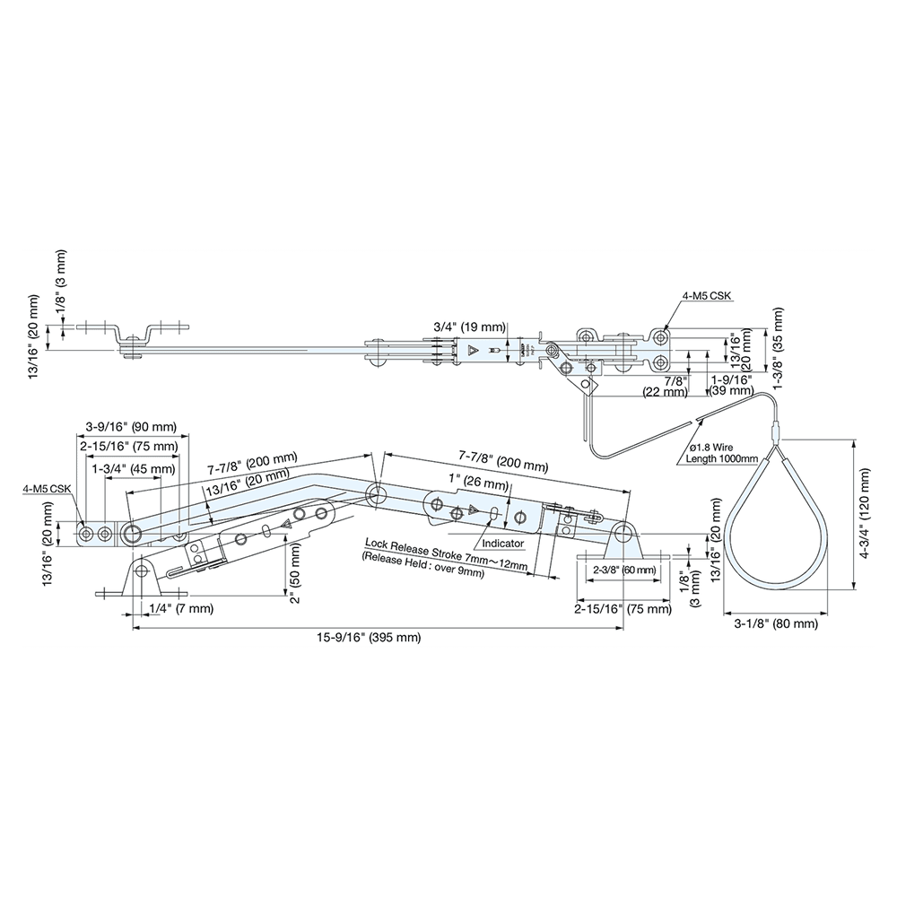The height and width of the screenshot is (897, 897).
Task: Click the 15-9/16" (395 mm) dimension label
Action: point(367,638)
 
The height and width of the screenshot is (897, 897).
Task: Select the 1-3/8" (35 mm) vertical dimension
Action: point(778,340)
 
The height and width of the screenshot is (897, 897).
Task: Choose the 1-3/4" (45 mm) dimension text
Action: point(133,468)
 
